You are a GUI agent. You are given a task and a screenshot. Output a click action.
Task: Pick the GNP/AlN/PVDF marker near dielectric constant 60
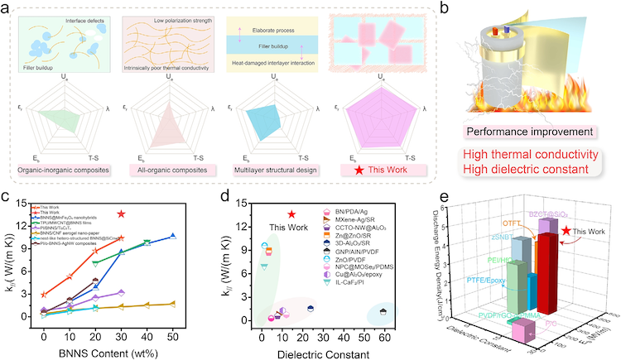pyautogui.click(x=384, y=311)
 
